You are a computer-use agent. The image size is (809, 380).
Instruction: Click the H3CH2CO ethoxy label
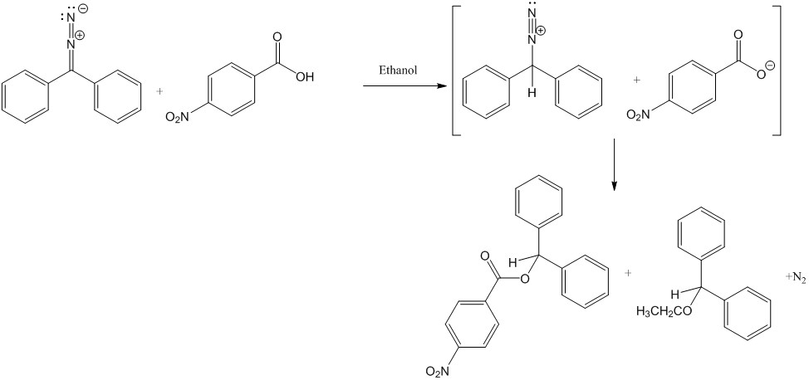[658, 311]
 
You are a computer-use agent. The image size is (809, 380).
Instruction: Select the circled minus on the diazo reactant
[82, 10]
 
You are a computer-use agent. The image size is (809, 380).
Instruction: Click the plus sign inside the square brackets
[637, 80]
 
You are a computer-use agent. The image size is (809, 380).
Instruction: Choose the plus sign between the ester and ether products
[629, 272]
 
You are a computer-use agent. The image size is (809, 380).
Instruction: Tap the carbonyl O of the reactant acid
[276, 37]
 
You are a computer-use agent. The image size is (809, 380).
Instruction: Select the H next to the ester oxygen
[513, 263]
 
